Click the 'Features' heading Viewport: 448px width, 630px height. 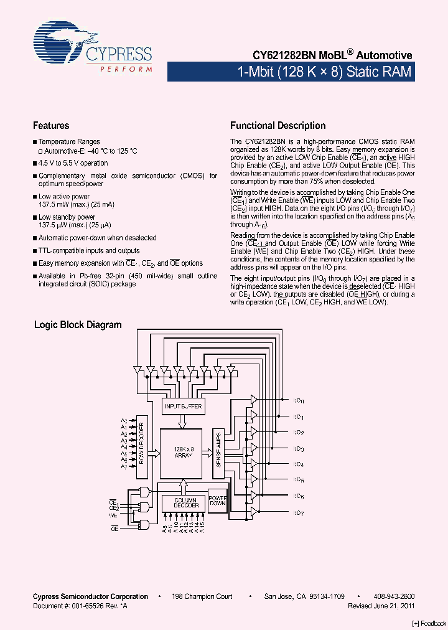pyautogui.click(x=51, y=126)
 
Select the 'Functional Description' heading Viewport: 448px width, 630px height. pyautogui.click(x=278, y=126)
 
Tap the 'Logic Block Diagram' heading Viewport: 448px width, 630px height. pyautogui.click(x=78, y=325)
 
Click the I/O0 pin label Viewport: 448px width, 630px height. pyautogui.click(x=299, y=402)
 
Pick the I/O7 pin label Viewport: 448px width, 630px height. pyautogui.click(x=299, y=513)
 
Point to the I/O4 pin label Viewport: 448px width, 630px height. pyautogui.click(x=299, y=464)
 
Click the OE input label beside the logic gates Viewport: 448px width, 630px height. pyautogui.click(x=114, y=528)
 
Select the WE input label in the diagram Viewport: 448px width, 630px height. pyautogui.click(x=113, y=515)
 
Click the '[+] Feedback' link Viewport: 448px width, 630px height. pyautogui.click(x=429, y=623)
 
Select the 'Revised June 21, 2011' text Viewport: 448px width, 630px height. pyautogui.click(x=381, y=605)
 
